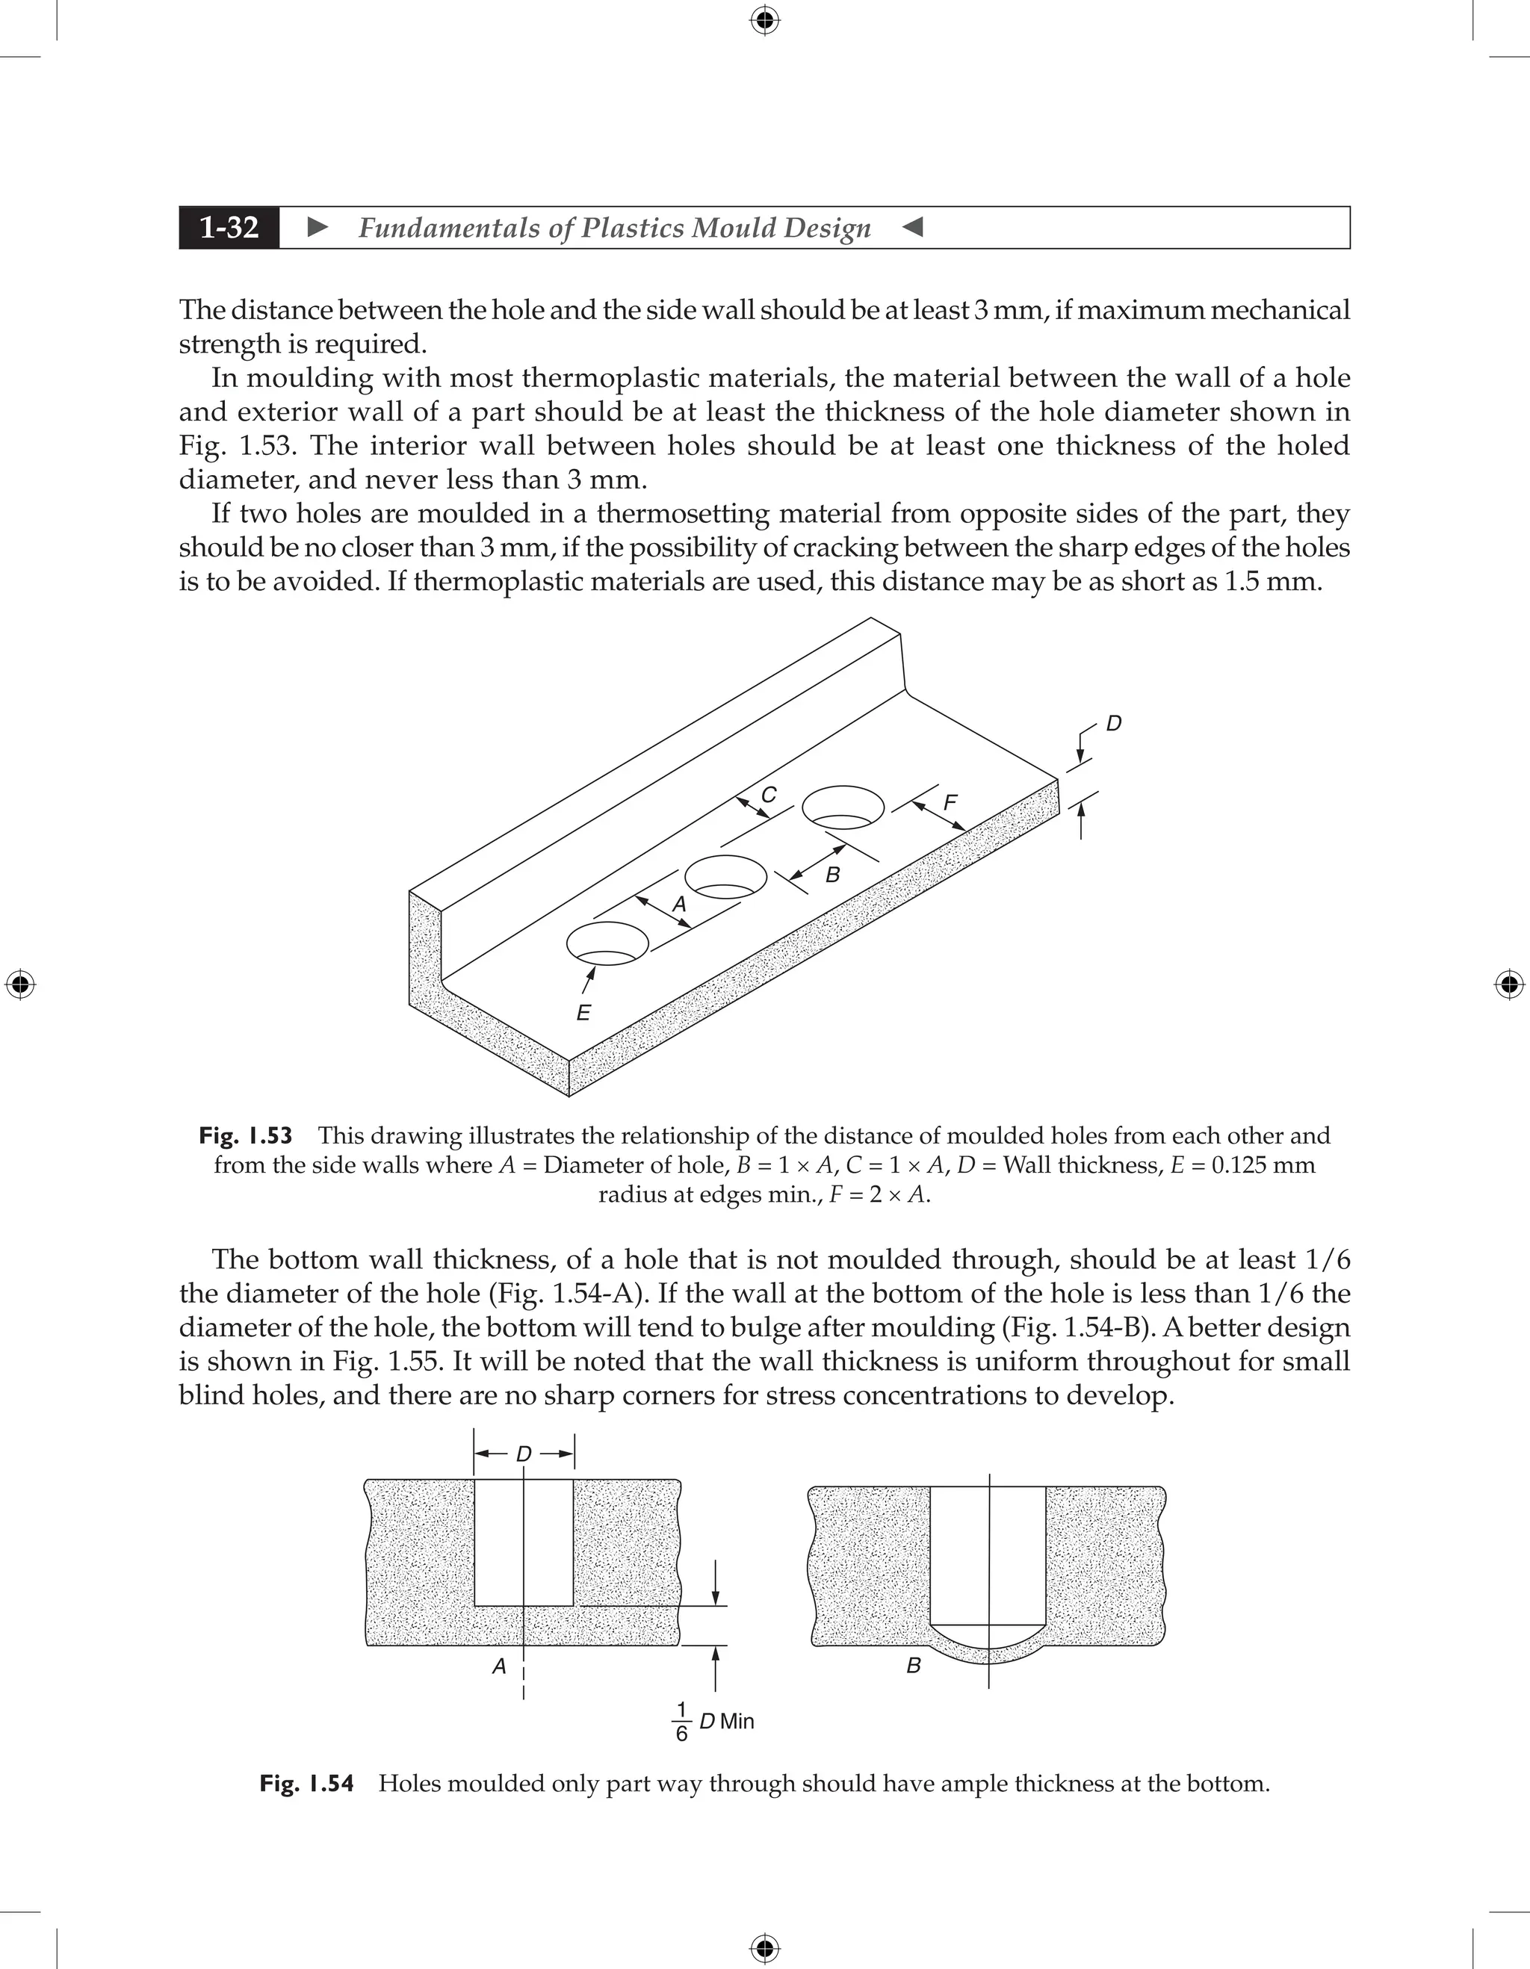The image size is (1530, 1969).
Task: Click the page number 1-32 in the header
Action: click(229, 227)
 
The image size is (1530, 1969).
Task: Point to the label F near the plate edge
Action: click(950, 802)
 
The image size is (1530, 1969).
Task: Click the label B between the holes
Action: click(832, 875)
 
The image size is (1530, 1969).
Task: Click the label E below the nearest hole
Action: click(583, 1012)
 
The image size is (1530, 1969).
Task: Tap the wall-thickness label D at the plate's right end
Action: click(1113, 724)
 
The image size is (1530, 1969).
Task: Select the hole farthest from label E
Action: click(843, 807)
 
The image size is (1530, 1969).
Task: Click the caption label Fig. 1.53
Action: click(245, 1136)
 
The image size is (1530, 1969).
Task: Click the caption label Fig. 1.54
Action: click(306, 1783)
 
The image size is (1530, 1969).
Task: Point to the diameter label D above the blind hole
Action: click(524, 1454)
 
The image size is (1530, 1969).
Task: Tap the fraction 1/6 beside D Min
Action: click(681, 1721)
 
